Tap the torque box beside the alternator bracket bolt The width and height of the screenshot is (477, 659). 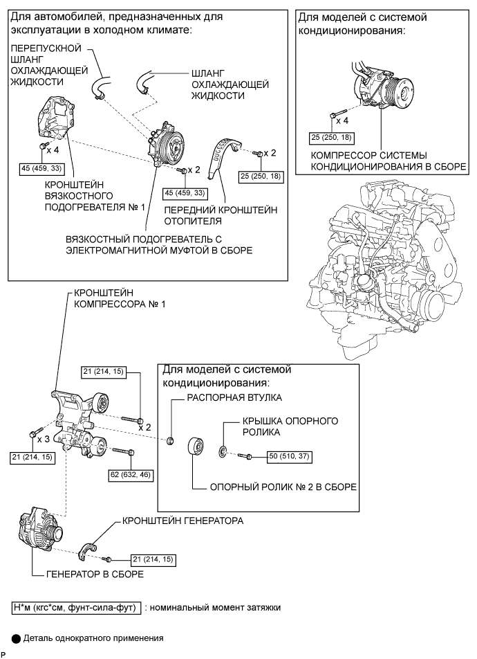pyautogui.click(x=153, y=559)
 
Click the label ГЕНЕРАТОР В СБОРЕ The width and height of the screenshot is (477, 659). pyautogui.click(x=95, y=574)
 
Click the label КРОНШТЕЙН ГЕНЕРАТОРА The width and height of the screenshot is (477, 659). pyautogui.click(x=183, y=521)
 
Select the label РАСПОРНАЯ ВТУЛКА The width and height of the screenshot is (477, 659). pyautogui.click(x=234, y=397)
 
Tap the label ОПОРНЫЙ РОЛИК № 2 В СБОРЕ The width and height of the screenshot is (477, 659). pyautogui.click(x=283, y=487)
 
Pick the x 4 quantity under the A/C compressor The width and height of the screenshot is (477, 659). pyautogui.click(x=342, y=120)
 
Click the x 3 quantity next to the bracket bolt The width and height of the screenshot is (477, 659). pyautogui.click(x=44, y=439)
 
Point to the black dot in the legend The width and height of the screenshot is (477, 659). pyautogui.click(x=16, y=639)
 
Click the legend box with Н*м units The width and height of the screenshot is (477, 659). pyautogui.click(x=76, y=608)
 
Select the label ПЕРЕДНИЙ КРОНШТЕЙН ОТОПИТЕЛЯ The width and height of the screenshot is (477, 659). pyautogui.click(x=221, y=215)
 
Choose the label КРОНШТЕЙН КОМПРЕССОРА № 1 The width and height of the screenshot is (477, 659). pyautogui.click(x=120, y=298)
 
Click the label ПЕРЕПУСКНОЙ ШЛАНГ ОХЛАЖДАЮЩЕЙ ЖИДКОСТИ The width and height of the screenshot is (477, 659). pyautogui.click(x=49, y=65)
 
